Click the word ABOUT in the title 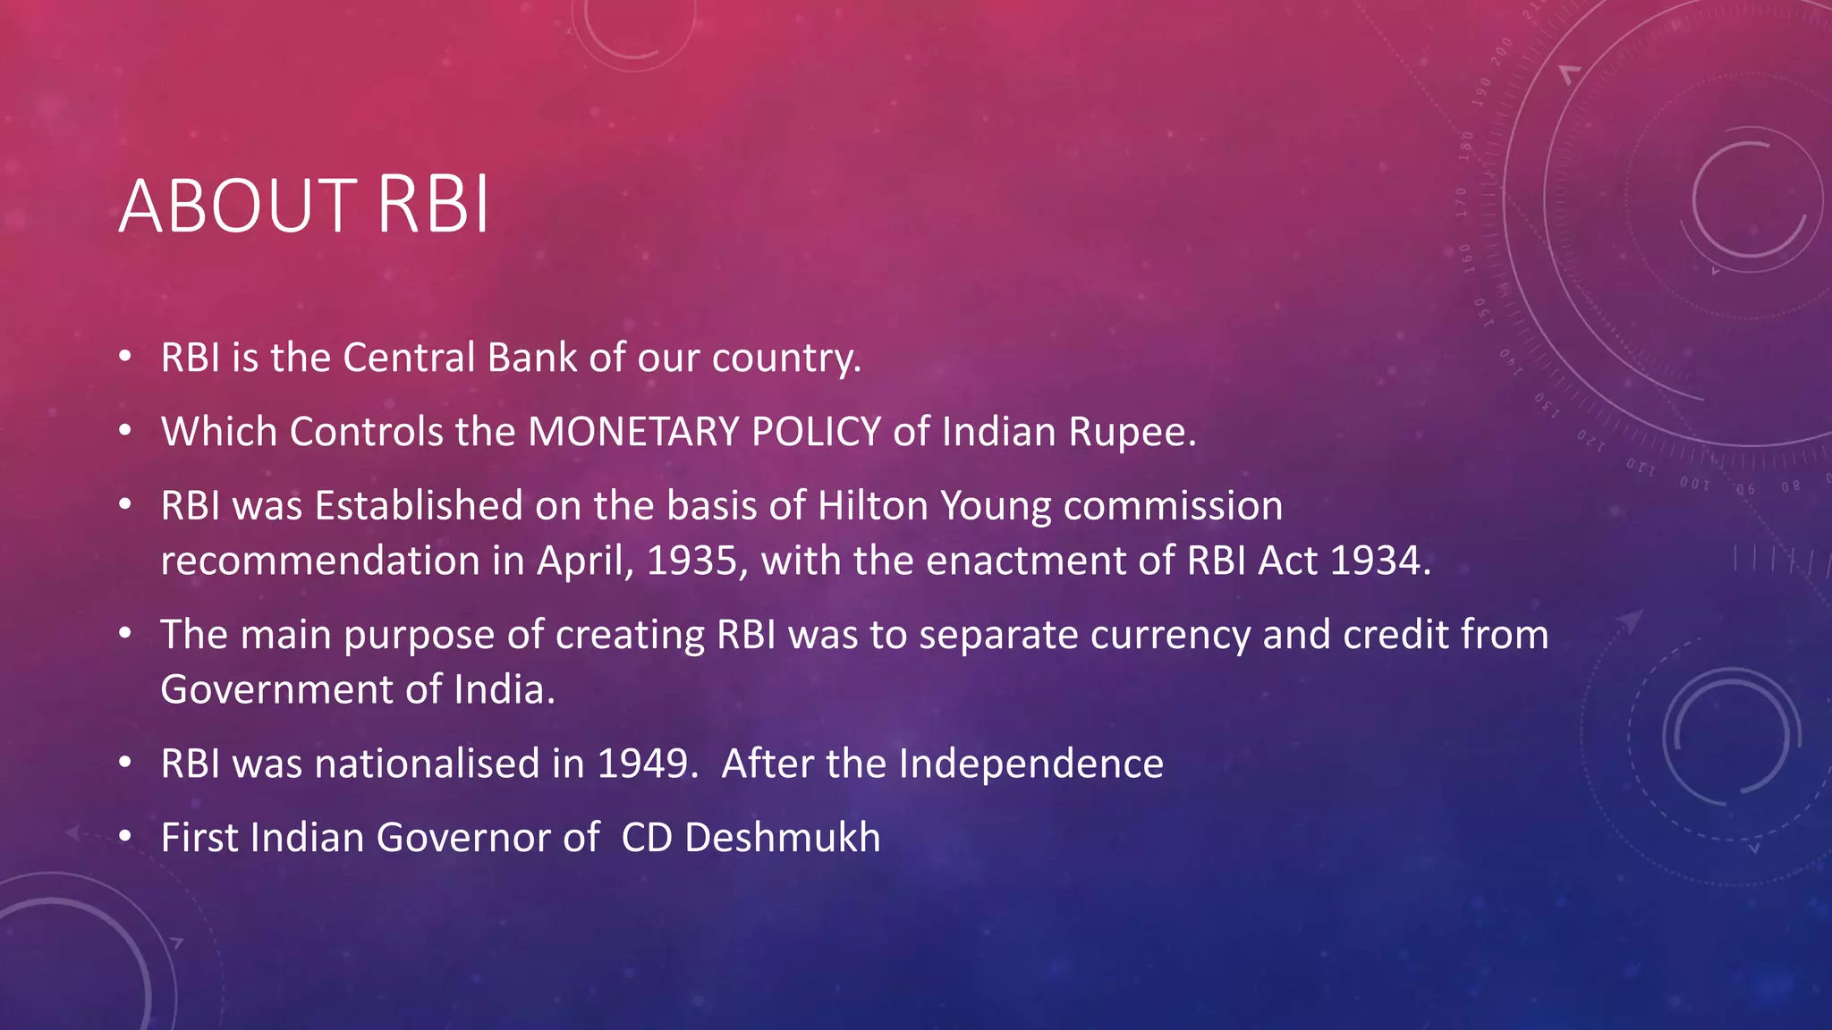coord(237,207)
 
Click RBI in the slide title coord(433,207)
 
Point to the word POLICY coord(817,432)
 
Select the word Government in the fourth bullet coord(280,689)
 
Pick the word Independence coord(1030,764)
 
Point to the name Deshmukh coord(782,838)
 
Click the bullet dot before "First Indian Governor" coord(126,837)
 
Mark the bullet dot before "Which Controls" coord(126,431)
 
